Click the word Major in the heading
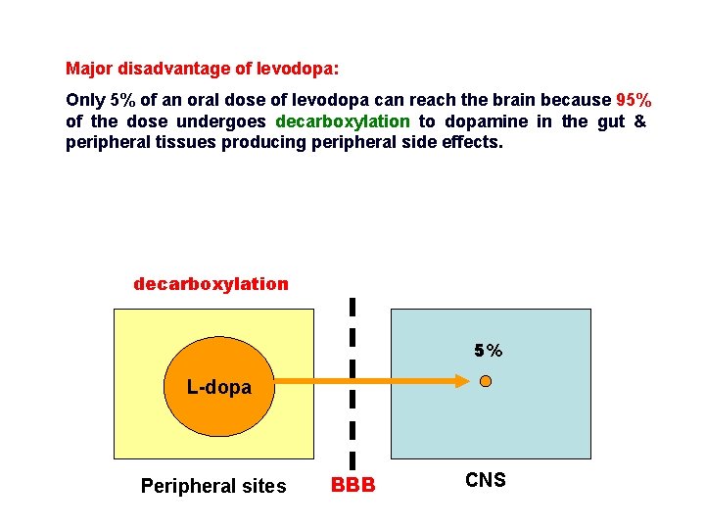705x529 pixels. pos(88,70)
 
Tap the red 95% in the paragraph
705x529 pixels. pos(634,100)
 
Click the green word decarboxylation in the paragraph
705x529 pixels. pos(343,121)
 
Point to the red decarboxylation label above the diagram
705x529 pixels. pos(211,284)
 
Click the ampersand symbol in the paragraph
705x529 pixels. pos(639,121)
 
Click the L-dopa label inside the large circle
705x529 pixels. pos(219,387)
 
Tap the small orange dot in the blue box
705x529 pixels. pos(486,382)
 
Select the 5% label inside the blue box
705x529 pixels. pos(488,351)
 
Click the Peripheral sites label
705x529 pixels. pos(213,486)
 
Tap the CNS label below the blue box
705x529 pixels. pos(486,480)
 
